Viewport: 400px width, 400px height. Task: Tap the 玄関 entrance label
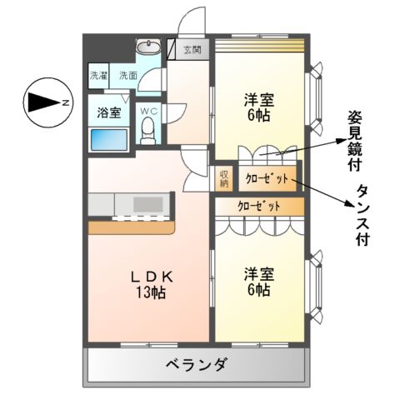[x=192, y=50]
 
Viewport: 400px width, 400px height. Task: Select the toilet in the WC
[x=149, y=130]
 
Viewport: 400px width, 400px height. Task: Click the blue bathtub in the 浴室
[x=108, y=139]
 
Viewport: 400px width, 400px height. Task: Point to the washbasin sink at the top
[x=151, y=47]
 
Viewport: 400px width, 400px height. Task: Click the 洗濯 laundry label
[x=99, y=76]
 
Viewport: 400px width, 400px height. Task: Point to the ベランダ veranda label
[x=196, y=364]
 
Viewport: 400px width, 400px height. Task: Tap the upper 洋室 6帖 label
[x=257, y=107]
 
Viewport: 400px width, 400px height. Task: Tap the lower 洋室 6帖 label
[x=257, y=281]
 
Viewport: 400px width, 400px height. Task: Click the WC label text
[x=148, y=110]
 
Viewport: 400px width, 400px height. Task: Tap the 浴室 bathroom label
[x=108, y=112]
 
